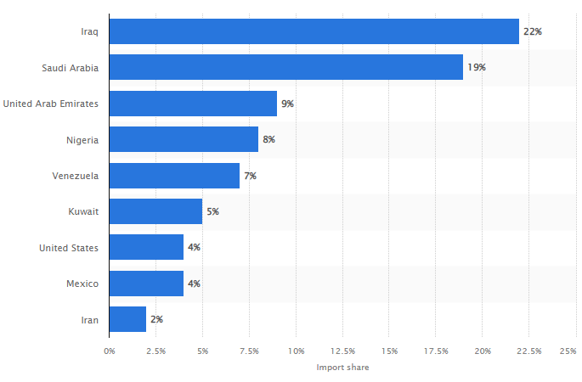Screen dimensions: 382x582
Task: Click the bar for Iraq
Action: [x=314, y=31]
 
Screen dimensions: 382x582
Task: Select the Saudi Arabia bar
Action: [x=286, y=67]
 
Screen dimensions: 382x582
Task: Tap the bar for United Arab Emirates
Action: [x=193, y=104]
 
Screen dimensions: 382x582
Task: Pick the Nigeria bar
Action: [x=184, y=139]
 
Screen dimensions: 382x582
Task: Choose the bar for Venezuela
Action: [x=174, y=176]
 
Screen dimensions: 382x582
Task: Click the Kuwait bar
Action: [x=155, y=211]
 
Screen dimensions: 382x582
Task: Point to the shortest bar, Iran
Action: [x=127, y=319]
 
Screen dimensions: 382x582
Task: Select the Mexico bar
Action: [x=146, y=284]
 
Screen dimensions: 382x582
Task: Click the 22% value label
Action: [x=533, y=31]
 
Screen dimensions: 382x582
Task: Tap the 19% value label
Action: [x=477, y=67]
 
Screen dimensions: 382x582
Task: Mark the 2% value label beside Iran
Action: [x=156, y=319]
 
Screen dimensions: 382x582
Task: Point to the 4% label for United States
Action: [x=194, y=248]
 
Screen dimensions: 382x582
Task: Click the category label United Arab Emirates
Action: [x=51, y=104]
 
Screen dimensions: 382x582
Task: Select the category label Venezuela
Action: [x=75, y=176]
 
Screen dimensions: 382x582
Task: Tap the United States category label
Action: [x=69, y=248]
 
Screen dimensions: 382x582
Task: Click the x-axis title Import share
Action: [x=342, y=368]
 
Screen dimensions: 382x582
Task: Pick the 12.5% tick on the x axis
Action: [x=343, y=351]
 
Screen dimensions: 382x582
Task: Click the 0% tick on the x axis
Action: [x=110, y=351]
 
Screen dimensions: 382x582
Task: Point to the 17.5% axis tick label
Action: [x=437, y=351]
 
